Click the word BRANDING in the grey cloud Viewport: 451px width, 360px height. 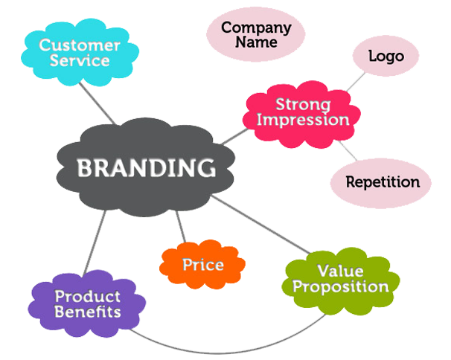(x=146, y=167)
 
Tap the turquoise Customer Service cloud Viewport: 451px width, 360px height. (x=80, y=52)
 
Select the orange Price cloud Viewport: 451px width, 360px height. (x=202, y=264)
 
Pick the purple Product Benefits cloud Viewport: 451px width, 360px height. (x=87, y=303)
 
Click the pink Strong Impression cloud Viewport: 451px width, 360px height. (x=301, y=115)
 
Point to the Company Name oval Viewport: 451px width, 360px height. (x=256, y=34)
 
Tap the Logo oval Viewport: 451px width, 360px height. (x=386, y=56)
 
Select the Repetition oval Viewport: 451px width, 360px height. (x=381, y=183)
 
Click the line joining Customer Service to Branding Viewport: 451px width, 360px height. (x=97, y=103)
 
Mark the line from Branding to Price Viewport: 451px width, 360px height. (x=181, y=227)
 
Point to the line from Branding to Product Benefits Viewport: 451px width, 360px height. (x=95, y=242)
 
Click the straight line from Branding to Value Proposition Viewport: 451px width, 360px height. (x=261, y=225)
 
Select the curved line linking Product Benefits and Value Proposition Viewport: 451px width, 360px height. (x=227, y=353)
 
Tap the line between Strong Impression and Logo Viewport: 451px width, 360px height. (x=356, y=82)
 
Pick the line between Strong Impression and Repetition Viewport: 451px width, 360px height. (x=348, y=150)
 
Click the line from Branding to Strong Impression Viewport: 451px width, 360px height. (x=234, y=137)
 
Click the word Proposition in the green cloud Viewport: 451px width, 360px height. (x=341, y=288)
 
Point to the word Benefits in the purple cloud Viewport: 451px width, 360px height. (x=87, y=312)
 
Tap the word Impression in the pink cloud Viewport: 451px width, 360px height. (x=303, y=120)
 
